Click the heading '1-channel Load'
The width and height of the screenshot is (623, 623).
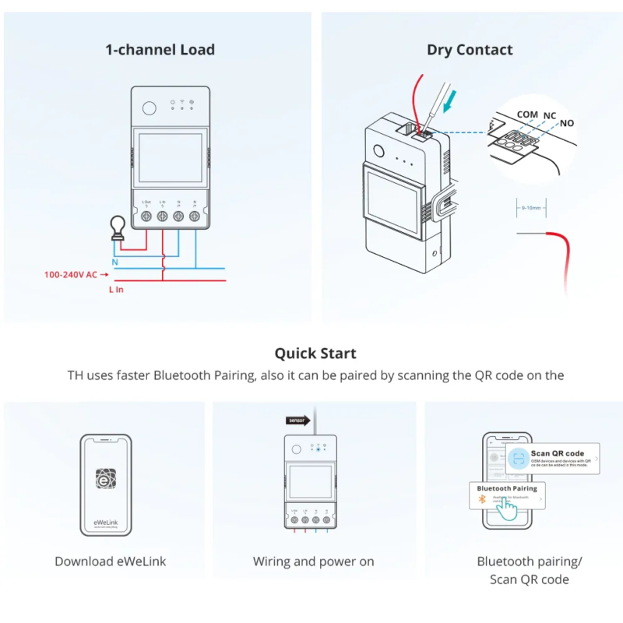(160, 50)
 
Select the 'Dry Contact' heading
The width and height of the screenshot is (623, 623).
(470, 50)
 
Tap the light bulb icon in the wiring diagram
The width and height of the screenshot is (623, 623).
(118, 227)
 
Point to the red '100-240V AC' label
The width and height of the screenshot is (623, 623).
(71, 274)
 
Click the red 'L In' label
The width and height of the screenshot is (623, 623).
(116, 289)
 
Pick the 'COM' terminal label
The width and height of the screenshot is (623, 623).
(527, 114)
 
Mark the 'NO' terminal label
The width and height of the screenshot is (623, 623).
(567, 123)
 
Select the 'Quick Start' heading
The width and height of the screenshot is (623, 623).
(315, 354)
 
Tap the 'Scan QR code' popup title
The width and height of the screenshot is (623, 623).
(557, 453)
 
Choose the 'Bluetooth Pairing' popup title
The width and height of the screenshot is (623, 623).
(508, 488)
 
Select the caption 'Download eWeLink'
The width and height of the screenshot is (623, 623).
(111, 561)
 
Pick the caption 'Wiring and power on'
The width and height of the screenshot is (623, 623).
(313, 561)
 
